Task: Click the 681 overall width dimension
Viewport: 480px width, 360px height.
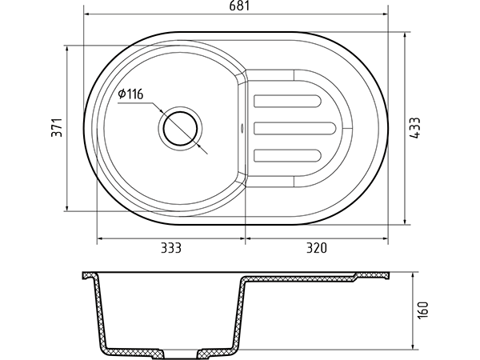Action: (x=240, y=6)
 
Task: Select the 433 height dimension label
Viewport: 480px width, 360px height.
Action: (x=415, y=128)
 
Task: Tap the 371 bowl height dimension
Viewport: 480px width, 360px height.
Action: (x=57, y=127)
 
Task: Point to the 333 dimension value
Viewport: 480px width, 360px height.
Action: (x=171, y=248)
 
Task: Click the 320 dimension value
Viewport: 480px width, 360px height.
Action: (x=317, y=248)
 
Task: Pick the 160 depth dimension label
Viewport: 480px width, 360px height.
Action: (x=423, y=310)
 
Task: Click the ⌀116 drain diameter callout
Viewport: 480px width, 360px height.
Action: (x=130, y=94)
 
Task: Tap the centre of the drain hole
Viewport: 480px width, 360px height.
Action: (x=180, y=128)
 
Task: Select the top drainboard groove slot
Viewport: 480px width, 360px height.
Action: (x=287, y=101)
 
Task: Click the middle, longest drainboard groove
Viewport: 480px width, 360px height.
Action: (x=294, y=128)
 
